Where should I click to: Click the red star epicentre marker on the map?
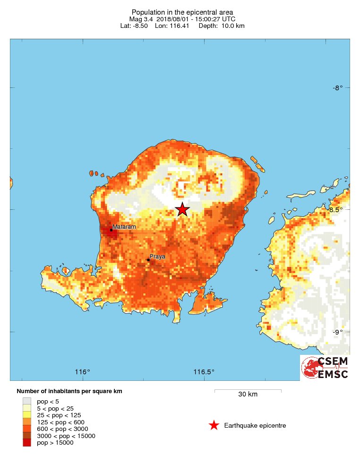coord(182,210)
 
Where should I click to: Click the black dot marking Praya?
coord(148,259)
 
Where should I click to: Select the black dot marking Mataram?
coord(111,230)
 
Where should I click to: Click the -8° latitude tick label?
coord(337,87)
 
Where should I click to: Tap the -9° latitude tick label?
coord(337,332)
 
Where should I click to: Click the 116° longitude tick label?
coord(83,372)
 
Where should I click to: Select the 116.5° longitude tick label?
coord(204,372)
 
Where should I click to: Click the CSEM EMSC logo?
coord(326,368)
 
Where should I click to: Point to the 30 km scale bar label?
coord(248,395)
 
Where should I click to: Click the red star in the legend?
coord(214,425)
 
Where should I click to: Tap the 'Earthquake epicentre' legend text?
coord(255,426)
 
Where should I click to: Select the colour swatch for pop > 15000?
coord(27,443)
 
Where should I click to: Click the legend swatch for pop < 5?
coord(27,401)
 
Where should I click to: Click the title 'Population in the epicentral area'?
coord(182,12)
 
